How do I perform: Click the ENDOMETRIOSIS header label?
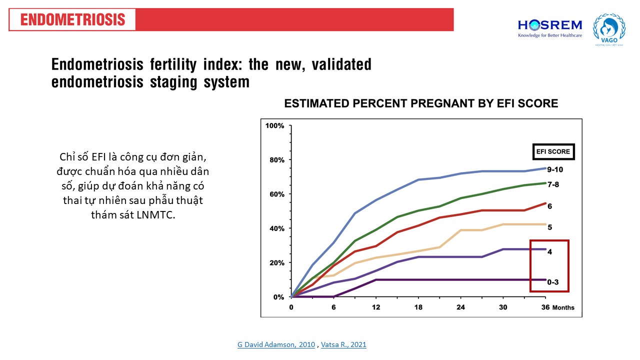[73, 20]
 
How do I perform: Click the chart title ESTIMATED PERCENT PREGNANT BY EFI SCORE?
[421, 104]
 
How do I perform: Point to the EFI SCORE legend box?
[553, 151]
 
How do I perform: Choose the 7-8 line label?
[553, 184]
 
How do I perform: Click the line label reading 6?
[549, 206]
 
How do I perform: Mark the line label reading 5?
[549, 227]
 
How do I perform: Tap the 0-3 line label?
[553, 282]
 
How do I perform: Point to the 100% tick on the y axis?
[274, 126]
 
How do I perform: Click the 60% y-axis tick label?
[276, 194]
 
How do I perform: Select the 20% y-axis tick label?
[276, 263]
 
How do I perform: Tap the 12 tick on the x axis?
[376, 307]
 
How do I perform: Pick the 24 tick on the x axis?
[461, 307]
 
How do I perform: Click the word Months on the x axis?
[563, 307]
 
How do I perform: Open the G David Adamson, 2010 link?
[276, 344]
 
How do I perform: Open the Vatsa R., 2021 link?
[343, 344]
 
